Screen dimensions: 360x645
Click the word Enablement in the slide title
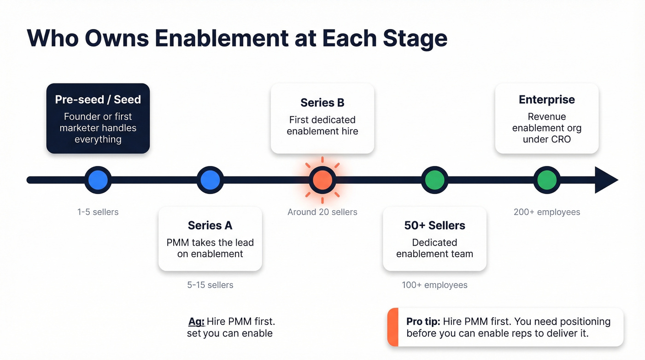point(221,38)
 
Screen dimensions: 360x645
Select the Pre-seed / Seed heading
point(98,100)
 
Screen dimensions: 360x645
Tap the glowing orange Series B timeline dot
point(322,180)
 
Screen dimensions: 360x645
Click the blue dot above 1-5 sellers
point(98,180)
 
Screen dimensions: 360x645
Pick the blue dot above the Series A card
point(210,180)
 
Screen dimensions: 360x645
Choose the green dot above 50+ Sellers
point(434,180)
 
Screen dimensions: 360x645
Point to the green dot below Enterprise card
point(547,180)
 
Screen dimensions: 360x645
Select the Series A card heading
point(210,225)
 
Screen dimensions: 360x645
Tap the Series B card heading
point(322,103)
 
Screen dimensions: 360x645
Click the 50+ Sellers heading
point(434,225)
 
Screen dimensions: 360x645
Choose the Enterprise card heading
point(547,100)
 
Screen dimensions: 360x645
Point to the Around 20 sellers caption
point(322,212)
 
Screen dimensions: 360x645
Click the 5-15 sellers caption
point(210,285)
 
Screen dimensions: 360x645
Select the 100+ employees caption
point(434,285)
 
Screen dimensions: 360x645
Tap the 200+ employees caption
point(547,212)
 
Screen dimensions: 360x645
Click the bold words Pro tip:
point(423,321)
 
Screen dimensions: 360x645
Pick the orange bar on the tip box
point(393,327)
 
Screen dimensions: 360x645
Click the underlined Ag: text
point(196,321)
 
